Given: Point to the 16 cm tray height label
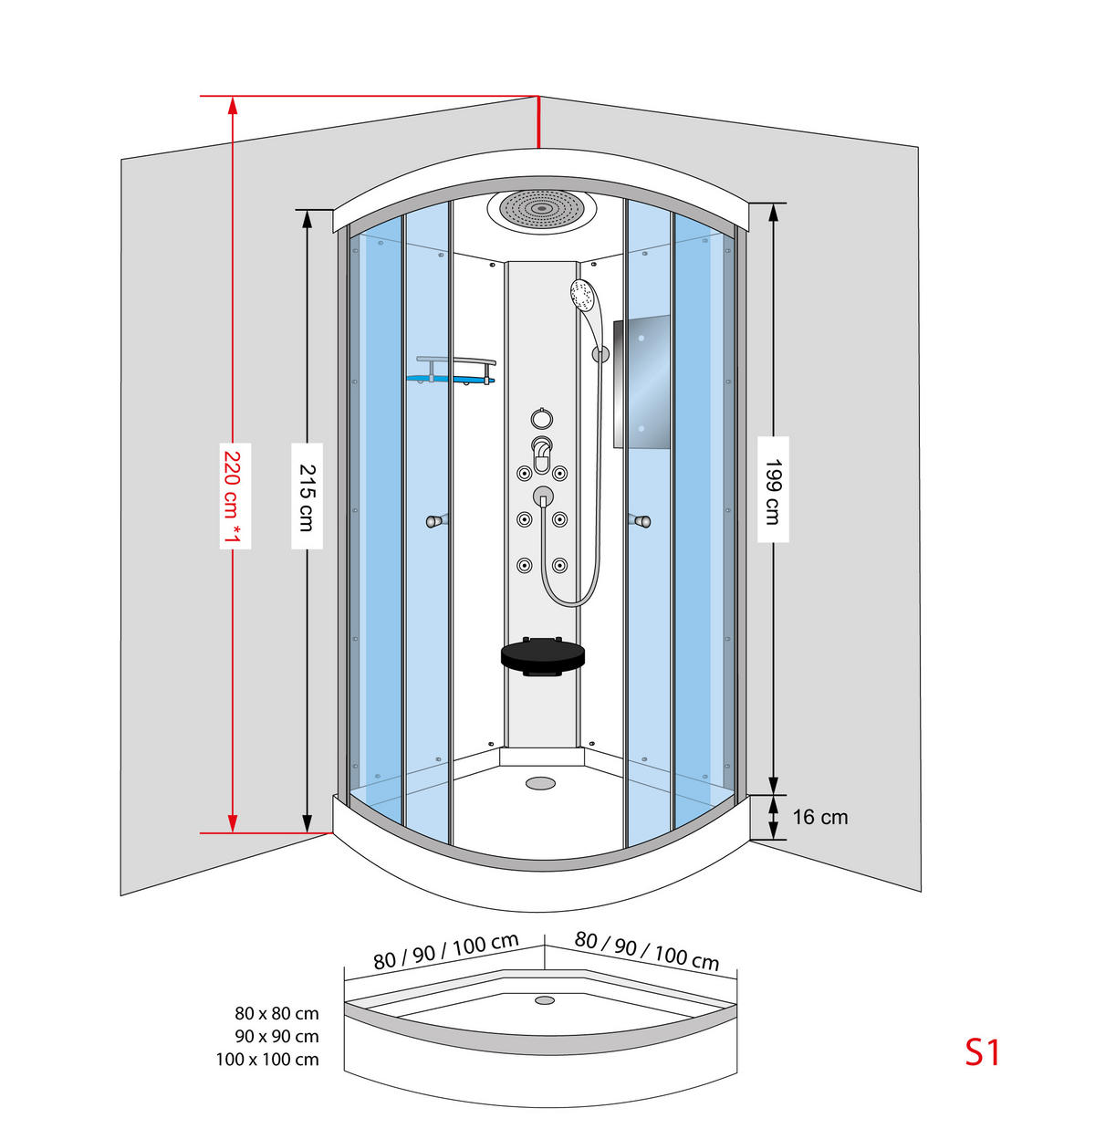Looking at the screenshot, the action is [820, 817].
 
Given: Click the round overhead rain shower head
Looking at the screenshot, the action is [541, 210].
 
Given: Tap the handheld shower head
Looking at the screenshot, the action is [583, 295].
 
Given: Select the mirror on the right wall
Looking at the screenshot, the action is [641, 382].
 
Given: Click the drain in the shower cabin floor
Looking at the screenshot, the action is [540, 783].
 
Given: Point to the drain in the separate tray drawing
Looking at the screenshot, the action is [544, 999].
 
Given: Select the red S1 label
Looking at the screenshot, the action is [983, 1052].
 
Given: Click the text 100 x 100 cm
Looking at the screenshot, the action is [267, 1060].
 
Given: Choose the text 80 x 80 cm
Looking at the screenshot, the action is [276, 1014].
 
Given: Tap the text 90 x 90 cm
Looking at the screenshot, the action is [276, 1036].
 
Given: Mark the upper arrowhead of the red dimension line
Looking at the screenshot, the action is [233, 105].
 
